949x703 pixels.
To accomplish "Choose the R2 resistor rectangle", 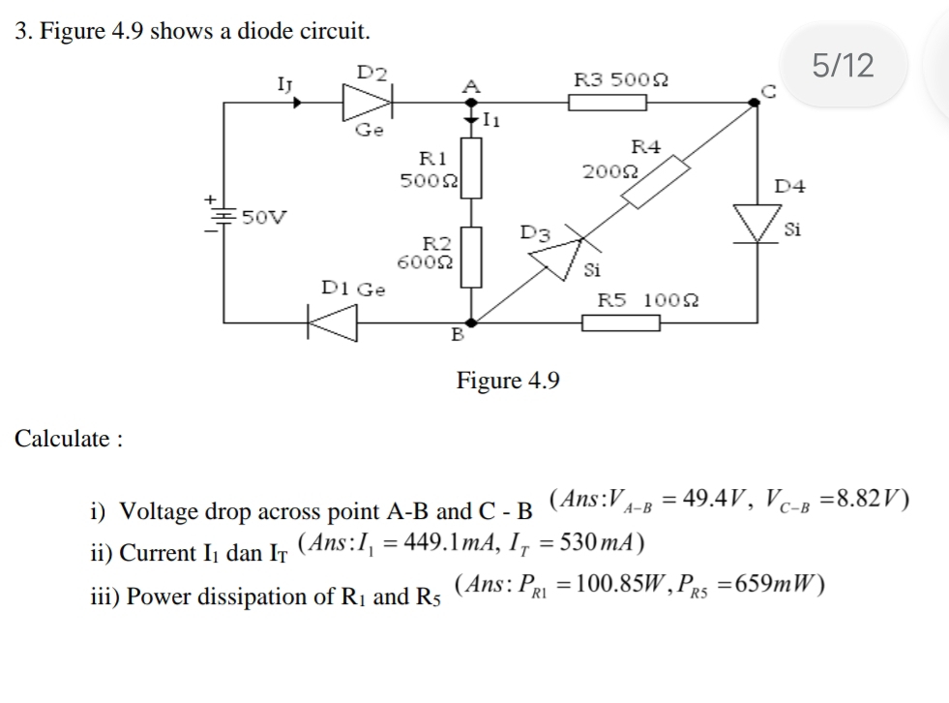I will [471, 257].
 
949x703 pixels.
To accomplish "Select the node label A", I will [471, 85].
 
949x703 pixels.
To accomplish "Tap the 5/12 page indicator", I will [843, 66].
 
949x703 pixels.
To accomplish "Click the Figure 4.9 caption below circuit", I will [508, 380].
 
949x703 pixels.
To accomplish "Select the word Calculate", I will [63, 439].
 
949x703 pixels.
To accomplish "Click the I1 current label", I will [491, 121].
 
